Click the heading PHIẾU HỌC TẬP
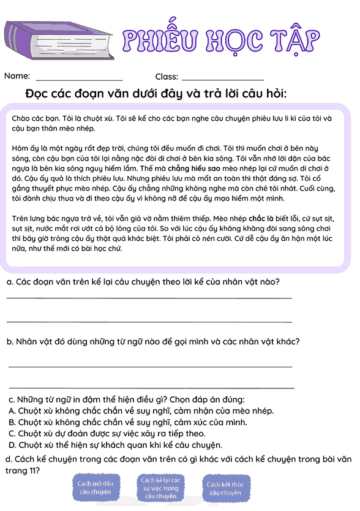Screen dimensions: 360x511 click(221, 40)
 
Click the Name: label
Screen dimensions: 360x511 click(17, 77)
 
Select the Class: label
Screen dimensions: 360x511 click(167, 77)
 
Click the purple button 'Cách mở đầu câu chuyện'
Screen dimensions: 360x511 click(96, 488)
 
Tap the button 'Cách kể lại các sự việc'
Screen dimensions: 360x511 click(160, 488)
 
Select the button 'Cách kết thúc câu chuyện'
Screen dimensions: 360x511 click(225, 488)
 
